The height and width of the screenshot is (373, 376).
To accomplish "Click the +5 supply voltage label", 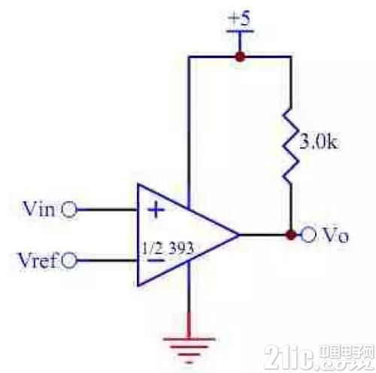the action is [240, 19].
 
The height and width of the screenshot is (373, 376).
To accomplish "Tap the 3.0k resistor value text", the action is [319, 143].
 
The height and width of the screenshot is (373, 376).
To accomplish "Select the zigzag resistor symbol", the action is [291, 146].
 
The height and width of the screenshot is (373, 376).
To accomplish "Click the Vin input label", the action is [38, 209].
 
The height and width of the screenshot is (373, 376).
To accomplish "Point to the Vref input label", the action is [37, 260].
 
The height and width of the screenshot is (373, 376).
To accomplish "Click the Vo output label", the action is [335, 235].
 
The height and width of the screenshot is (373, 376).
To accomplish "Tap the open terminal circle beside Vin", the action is [68, 210].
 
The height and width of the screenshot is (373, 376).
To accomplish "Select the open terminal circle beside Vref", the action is [68, 261].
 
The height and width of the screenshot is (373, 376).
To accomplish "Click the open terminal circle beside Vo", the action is [308, 235].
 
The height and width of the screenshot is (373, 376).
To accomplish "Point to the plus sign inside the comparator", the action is [156, 210].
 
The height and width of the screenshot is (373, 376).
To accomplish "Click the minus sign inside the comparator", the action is [155, 261].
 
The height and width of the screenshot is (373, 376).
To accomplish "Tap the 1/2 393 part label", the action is [168, 248].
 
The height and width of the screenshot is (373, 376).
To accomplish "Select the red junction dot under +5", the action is [240, 56].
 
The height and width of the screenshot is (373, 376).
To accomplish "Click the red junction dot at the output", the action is [291, 235].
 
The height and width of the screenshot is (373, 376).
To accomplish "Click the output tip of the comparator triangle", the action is [238, 235].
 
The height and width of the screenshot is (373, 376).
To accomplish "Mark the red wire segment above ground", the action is [189, 325].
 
